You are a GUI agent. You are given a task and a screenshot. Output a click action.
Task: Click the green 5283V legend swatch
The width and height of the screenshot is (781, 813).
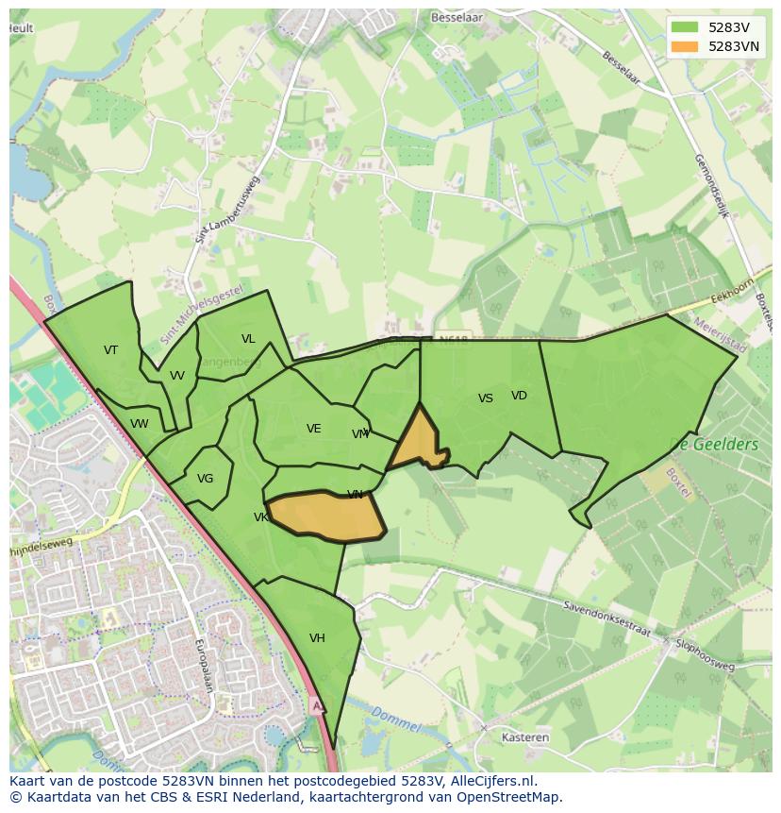[x=686, y=27]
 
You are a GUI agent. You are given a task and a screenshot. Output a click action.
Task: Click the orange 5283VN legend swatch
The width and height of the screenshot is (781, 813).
[x=686, y=46]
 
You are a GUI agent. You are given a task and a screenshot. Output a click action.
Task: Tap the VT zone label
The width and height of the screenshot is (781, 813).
[x=111, y=350]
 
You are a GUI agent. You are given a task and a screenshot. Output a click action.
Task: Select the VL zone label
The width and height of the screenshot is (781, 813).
[x=248, y=339]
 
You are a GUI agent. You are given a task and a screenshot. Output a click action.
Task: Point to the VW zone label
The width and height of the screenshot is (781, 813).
[x=140, y=424]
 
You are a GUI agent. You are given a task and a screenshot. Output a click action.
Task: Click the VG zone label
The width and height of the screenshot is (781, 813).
[x=205, y=479]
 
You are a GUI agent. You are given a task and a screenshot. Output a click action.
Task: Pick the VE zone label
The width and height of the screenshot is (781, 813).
[x=314, y=429]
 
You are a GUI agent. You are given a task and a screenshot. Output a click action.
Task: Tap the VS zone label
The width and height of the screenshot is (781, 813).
[x=486, y=398]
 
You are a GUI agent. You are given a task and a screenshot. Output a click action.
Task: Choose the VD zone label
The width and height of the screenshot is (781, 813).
[x=519, y=396]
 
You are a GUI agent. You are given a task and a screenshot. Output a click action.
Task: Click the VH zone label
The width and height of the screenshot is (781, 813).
[x=317, y=638]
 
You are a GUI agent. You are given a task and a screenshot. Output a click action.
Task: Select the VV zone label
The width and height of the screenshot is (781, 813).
[x=177, y=376]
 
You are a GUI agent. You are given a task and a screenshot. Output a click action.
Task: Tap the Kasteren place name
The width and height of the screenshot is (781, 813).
[x=526, y=737]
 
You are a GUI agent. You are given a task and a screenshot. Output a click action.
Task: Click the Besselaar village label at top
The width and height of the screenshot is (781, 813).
[x=457, y=17]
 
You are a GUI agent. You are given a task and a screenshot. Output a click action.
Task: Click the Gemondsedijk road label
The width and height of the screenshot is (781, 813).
[x=712, y=187]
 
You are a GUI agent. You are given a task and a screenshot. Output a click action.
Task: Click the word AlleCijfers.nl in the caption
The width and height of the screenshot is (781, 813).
[x=493, y=782]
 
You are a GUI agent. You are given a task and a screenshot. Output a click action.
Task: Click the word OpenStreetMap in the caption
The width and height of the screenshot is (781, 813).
[x=511, y=797]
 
